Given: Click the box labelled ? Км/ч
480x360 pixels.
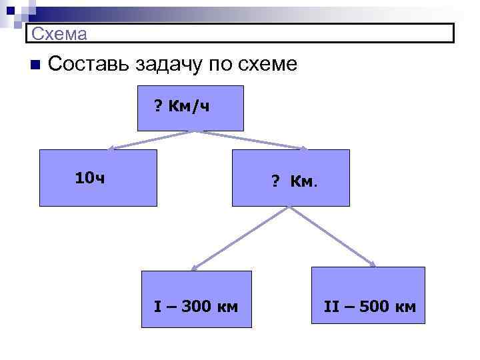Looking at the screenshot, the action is point(190,107).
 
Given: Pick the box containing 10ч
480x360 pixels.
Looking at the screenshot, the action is point(98,177).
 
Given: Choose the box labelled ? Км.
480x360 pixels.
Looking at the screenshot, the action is point(290,177).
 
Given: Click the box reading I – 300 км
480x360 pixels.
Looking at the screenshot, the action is point(196,299).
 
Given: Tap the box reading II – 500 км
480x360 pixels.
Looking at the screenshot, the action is point(368,295).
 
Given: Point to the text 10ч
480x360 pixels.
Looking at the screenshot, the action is point(89,178).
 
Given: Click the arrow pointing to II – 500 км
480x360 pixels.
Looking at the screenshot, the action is point(333,237).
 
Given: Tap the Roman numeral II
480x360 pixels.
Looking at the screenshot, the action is point(331,307).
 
